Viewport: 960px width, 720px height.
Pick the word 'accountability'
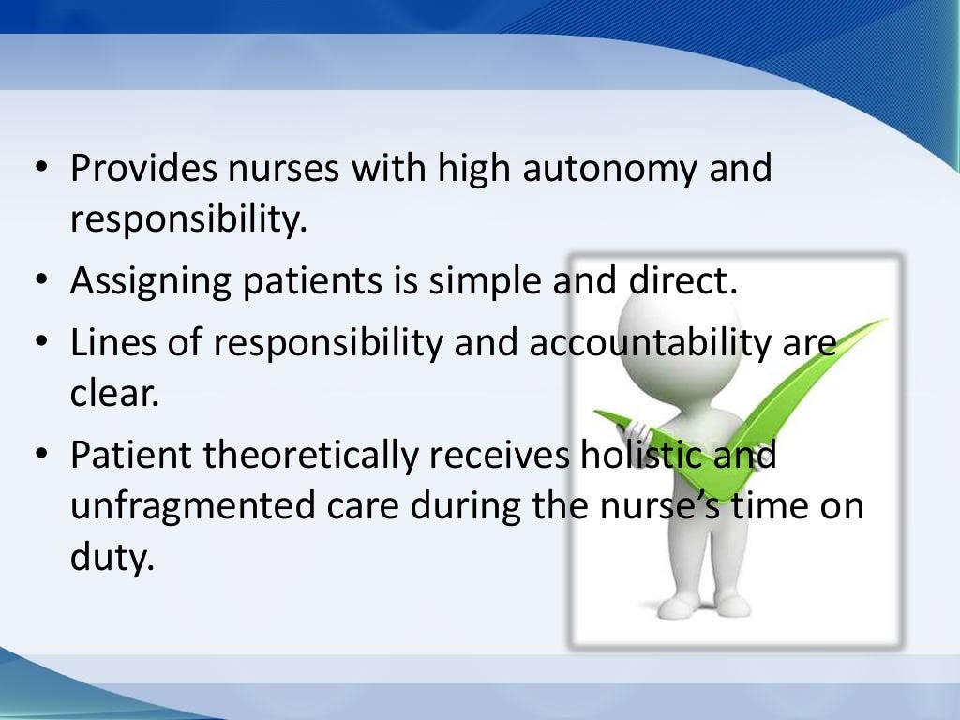click(643, 343)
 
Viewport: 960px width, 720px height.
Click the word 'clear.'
click(113, 394)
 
